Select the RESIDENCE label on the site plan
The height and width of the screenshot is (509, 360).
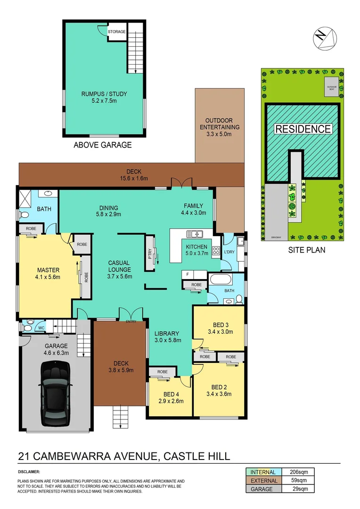tap(303, 129)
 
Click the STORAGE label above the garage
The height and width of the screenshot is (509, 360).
tap(116, 32)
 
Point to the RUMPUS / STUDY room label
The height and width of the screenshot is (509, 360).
tap(104, 94)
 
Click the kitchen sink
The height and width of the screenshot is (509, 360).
tap(195, 233)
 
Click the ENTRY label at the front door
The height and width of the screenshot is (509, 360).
tap(131, 322)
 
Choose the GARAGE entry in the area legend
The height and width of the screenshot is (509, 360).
tap(262, 489)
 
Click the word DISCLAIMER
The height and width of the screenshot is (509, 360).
tap(29, 471)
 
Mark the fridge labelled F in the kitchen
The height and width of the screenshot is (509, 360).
tap(188, 274)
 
